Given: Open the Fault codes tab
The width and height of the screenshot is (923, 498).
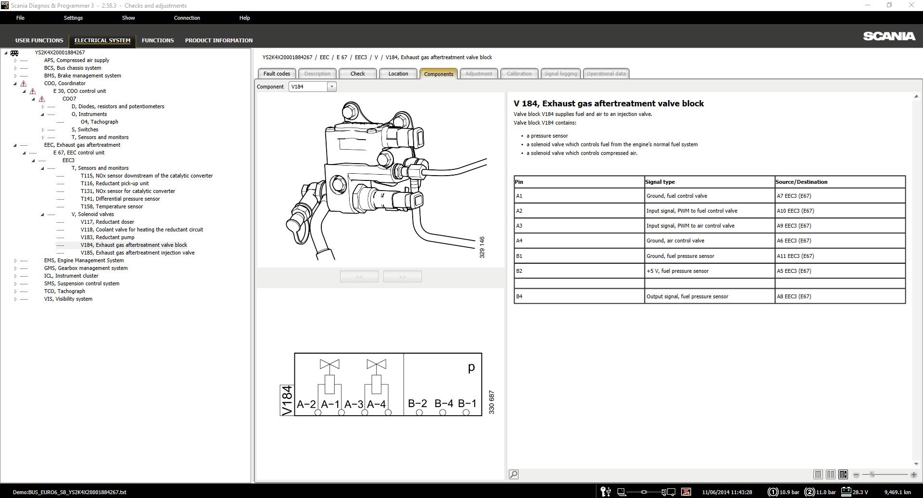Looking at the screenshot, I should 277,74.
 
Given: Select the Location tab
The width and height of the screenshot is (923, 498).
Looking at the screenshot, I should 398,74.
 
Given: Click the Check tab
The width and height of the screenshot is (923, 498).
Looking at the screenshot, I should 357,74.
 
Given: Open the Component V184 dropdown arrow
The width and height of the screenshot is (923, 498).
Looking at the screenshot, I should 331,87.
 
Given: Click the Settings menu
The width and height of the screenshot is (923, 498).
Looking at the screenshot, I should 73,18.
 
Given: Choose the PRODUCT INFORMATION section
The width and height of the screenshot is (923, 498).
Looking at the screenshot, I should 218,40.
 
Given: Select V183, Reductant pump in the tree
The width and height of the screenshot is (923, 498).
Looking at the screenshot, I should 107,237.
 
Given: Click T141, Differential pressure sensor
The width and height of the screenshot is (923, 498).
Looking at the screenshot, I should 120,199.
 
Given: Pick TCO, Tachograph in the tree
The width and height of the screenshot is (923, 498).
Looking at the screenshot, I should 64,291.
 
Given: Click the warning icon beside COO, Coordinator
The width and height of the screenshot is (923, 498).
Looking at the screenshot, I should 24,83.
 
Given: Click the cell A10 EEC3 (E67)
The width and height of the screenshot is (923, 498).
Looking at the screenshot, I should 795,211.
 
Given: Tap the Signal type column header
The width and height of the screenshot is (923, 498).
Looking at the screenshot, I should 660,182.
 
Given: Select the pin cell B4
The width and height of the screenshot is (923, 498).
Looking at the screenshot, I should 519,296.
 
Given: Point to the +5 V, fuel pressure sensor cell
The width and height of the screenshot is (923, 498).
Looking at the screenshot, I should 677,271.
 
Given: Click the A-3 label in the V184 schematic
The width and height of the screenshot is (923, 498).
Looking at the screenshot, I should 354,405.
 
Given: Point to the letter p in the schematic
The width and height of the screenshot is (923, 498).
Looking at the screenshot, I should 471,367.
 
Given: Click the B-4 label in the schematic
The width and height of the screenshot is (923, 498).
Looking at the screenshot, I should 443,404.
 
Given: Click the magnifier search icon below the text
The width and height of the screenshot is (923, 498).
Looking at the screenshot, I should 514,474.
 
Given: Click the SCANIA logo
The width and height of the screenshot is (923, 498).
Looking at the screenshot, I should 889,36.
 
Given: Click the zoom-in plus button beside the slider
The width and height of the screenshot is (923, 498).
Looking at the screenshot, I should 913,475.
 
